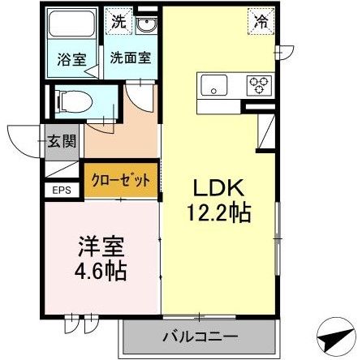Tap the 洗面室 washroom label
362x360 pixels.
point(127,58)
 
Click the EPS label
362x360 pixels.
point(62,191)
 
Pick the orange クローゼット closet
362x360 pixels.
point(120,181)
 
